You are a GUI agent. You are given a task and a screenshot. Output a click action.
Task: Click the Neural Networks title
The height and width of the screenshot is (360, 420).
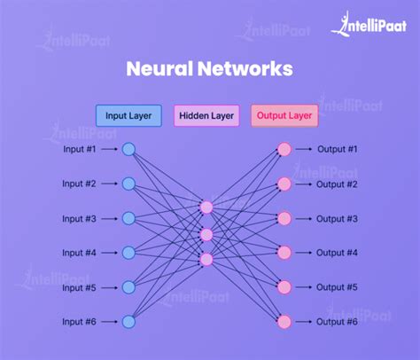click(x=209, y=69)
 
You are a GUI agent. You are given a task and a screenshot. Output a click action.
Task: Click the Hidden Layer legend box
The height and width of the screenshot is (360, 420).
click(x=206, y=115)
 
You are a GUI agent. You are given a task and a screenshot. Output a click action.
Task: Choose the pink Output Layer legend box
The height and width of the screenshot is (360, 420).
click(x=284, y=115)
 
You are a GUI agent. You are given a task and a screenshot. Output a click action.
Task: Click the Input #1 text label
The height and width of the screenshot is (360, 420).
click(x=80, y=150)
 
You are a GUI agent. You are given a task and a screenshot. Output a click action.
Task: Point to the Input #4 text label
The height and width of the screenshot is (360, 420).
click(x=80, y=253)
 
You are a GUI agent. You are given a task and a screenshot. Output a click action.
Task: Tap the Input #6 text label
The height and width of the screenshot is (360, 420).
click(x=80, y=321)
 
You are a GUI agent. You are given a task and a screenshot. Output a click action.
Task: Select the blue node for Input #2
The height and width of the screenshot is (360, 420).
click(x=128, y=184)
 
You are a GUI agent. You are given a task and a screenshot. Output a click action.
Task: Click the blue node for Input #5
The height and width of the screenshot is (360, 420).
click(x=128, y=287)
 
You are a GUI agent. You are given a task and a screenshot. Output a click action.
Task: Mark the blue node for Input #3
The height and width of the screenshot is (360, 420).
click(x=128, y=218)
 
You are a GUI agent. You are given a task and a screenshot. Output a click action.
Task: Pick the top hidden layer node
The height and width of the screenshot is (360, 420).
click(x=206, y=207)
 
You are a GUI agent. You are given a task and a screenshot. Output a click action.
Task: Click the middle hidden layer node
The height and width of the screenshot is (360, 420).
click(x=206, y=234)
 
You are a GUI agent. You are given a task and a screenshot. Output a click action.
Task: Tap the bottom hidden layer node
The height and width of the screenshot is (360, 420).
click(x=206, y=259)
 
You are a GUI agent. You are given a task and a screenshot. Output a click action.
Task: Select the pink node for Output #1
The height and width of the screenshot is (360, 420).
click(x=284, y=150)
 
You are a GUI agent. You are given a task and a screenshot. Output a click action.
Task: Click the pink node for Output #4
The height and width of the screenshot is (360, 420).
click(x=284, y=253)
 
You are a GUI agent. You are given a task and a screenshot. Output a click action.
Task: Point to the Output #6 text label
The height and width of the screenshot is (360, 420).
click(x=338, y=321)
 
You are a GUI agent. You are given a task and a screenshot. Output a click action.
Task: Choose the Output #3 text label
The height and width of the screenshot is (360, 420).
click(x=338, y=218)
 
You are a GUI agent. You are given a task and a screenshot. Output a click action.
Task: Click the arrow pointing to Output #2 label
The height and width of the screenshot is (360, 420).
click(x=303, y=184)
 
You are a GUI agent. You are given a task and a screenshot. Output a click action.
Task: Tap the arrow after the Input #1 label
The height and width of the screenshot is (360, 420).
click(x=109, y=150)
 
